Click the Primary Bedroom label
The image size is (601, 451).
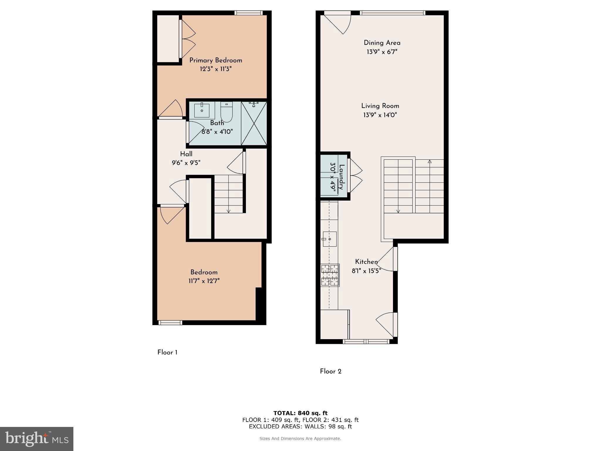pos(216,60)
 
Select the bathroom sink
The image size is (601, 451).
pos(202,110)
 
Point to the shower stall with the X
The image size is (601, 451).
pos(254,123)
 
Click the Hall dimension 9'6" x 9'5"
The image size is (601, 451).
pos(186,163)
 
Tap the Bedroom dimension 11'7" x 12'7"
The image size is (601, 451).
pos(204,281)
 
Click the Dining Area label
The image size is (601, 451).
pos(382,43)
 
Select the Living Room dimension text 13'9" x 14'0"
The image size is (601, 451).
pos(380,115)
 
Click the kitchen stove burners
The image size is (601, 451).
pos(330,275)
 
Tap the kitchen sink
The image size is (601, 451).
pos(329,239)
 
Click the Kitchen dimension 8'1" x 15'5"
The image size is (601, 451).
pos(366,271)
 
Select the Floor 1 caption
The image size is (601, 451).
pos(167,352)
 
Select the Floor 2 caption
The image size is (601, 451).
pos(331,371)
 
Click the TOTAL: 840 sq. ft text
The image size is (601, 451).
pos(300,413)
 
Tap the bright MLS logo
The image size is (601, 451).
pos(37,439)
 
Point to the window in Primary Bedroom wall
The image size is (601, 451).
pos(248,13)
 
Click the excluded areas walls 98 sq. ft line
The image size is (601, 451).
pos(300,426)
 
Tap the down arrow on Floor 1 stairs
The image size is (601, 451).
pos(229,211)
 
